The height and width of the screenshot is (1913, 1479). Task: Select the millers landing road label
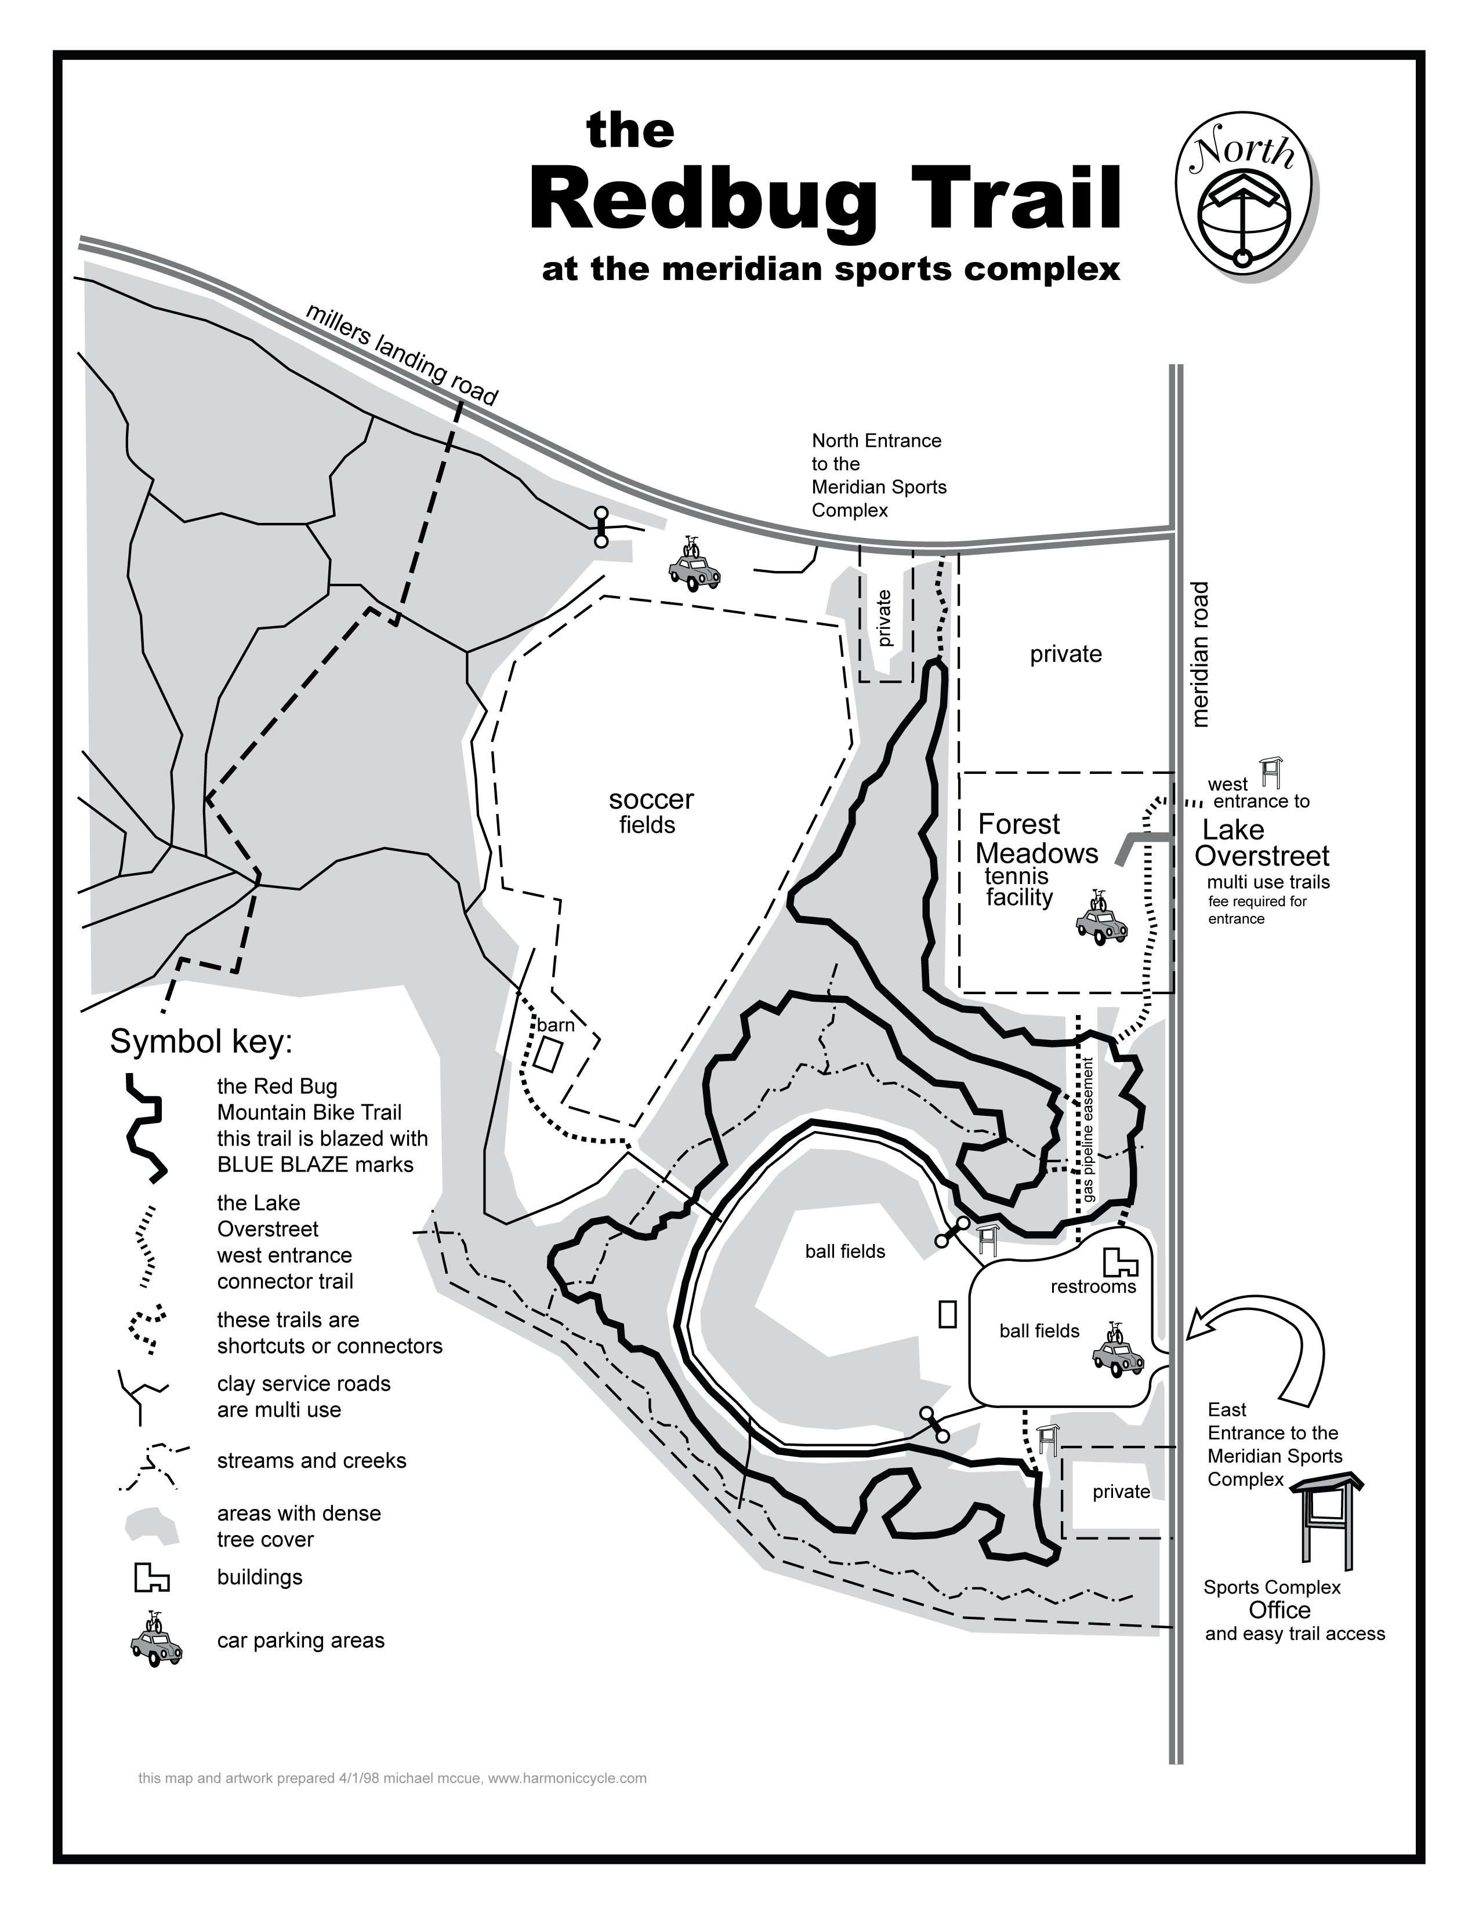[402, 355]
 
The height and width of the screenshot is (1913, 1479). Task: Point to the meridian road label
[1201, 654]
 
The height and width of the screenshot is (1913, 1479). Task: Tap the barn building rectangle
[549, 1054]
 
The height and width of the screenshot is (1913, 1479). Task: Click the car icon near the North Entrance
[694, 567]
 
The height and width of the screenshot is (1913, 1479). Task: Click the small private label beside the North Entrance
[884, 619]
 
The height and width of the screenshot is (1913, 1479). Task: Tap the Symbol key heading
[201, 1042]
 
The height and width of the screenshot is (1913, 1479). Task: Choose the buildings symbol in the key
[151, 1577]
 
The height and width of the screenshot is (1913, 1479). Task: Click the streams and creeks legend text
[311, 1461]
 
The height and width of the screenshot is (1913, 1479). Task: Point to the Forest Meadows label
[1036, 838]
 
